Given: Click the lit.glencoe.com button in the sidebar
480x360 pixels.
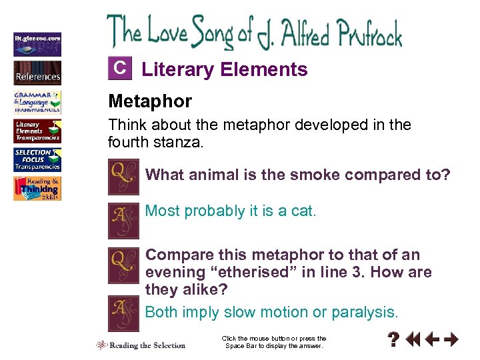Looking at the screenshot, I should click(37, 43).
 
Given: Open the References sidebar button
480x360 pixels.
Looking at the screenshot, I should click(37, 72).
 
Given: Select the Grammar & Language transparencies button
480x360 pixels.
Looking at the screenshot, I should click(37, 101).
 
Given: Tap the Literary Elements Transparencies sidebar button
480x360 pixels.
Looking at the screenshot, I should click(37, 131).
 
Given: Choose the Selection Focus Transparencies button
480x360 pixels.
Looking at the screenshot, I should click(37, 159).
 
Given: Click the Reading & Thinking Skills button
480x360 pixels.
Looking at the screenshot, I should click(37, 189).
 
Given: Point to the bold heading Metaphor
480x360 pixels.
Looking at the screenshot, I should click(150, 101).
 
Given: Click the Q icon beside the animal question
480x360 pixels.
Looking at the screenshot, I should click(123, 177).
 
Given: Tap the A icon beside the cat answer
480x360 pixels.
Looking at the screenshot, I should click(123, 221).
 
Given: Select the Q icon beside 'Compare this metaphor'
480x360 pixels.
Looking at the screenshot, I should click(123, 265).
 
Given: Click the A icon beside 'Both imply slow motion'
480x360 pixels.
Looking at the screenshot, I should click(123, 313).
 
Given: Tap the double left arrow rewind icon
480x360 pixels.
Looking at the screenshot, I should click(413, 340).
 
